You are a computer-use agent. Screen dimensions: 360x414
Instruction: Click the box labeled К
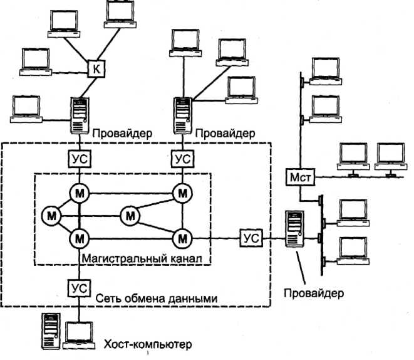click(95, 68)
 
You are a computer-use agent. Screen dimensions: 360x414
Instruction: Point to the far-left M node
click(51, 216)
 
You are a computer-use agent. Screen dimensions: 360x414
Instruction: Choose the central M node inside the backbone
click(130, 216)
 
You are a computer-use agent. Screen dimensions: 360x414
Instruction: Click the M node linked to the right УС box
click(182, 238)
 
